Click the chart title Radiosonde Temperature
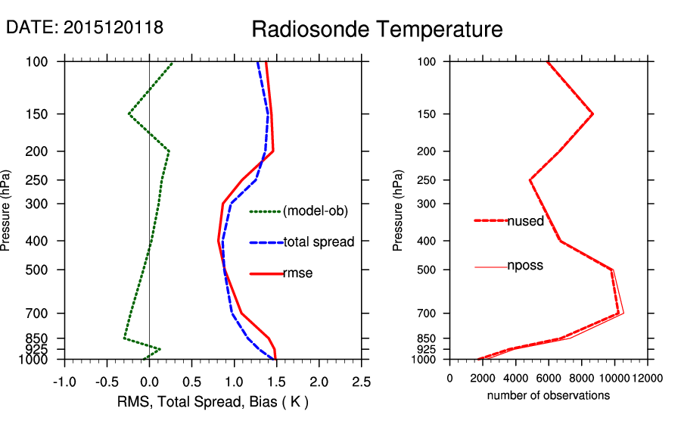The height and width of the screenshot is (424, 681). [x=377, y=30]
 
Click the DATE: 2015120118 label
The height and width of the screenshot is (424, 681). [x=85, y=27]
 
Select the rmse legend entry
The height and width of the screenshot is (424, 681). [x=298, y=273]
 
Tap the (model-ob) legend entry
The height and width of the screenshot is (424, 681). [x=315, y=211]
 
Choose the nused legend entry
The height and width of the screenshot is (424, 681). [x=525, y=220]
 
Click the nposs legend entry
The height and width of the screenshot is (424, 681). [x=525, y=266]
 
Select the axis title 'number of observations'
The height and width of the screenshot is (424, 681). [x=549, y=395]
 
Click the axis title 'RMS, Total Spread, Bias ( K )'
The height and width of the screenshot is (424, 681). [x=213, y=401]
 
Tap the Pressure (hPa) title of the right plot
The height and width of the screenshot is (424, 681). [x=399, y=210]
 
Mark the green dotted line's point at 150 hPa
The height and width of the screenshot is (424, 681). [x=129, y=114]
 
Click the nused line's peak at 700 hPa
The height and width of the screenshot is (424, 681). [x=619, y=313]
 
